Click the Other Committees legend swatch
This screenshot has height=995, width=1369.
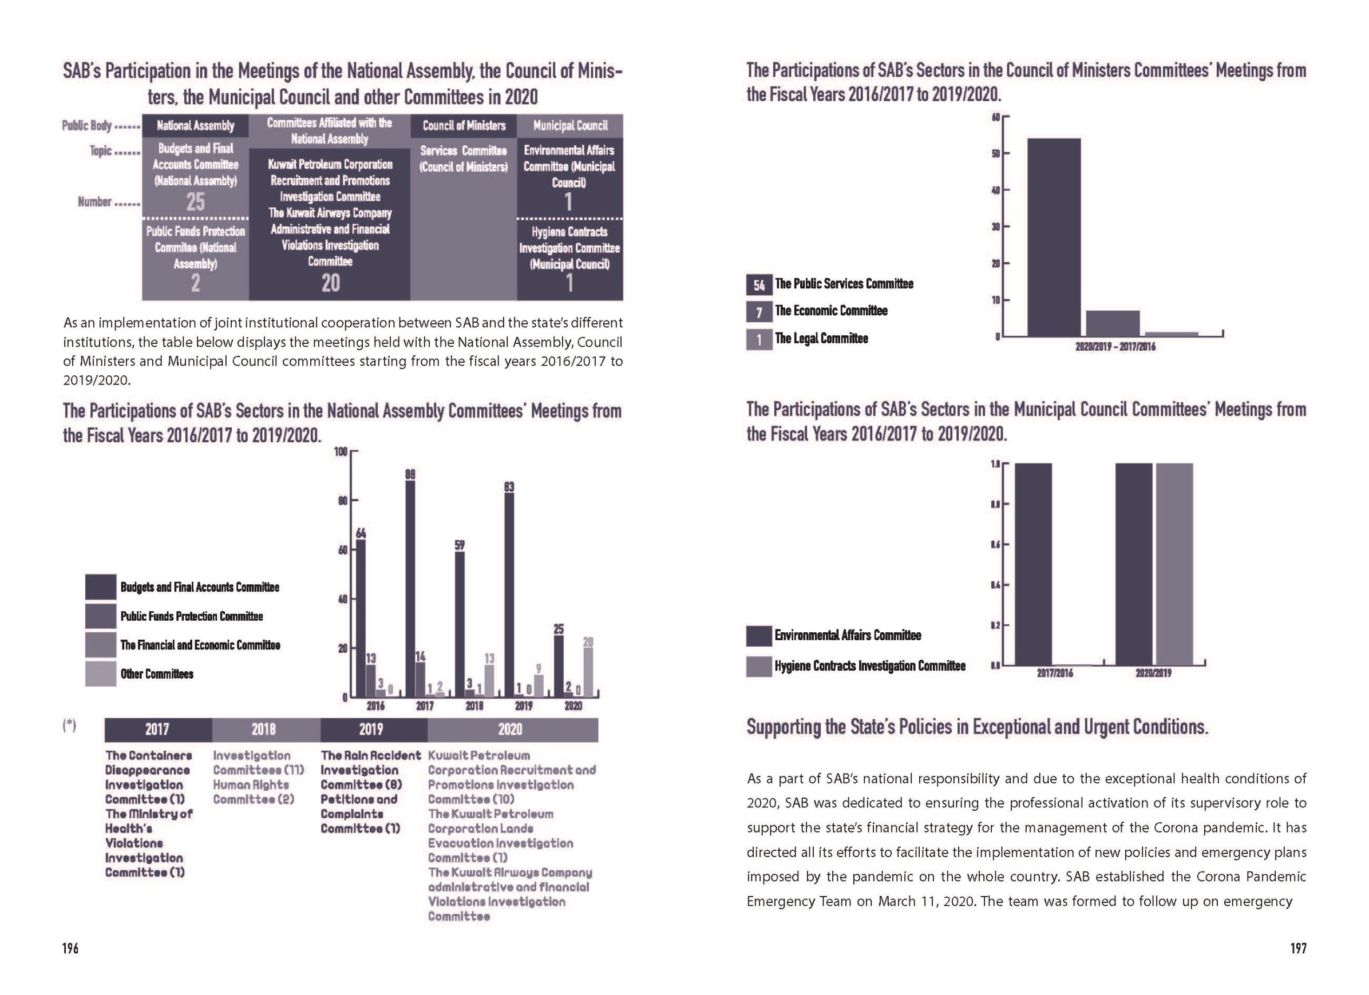pos(100,674)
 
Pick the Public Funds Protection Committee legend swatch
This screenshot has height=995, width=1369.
pos(100,616)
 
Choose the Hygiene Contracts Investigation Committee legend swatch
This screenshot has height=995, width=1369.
pos(759,666)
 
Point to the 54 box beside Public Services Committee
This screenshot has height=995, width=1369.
pos(759,285)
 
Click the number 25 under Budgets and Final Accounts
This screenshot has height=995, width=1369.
pos(195,201)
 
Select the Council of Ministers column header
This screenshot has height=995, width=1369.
pos(464,125)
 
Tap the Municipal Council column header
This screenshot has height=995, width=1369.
pos(570,125)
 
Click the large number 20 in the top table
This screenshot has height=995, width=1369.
pos(330,283)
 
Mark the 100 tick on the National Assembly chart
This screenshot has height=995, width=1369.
pos(341,451)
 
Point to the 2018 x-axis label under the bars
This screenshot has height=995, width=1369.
pos(474,706)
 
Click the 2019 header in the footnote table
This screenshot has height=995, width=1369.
pos(371,730)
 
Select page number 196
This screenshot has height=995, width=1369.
pos(70,949)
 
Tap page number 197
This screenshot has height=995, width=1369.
pos(1298,949)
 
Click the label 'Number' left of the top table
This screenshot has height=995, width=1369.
pos(95,201)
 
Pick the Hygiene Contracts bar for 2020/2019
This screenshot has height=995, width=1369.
pos(1174,564)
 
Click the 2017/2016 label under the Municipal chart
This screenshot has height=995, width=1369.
pos(1055,673)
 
